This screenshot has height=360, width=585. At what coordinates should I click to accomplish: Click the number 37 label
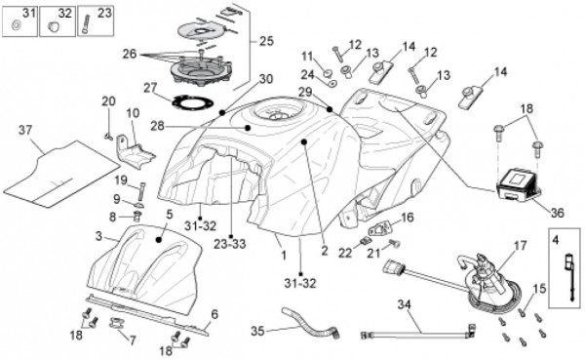click(25, 131)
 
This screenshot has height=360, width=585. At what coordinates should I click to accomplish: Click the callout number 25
click(266, 41)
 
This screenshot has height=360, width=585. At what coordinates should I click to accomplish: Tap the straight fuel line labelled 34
click(418, 333)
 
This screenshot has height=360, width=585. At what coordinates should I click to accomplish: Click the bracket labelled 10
click(136, 151)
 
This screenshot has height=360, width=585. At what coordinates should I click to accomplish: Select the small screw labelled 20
click(109, 137)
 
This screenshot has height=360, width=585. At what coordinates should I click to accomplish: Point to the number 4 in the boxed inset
click(555, 241)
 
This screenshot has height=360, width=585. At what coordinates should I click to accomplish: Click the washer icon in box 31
click(16, 25)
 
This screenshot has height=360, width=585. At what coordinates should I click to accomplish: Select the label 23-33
click(230, 244)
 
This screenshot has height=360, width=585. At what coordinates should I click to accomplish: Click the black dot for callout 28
click(248, 128)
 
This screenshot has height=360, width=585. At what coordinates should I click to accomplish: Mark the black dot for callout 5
click(159, 239)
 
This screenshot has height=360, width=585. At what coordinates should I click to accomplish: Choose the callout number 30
click(266, 79)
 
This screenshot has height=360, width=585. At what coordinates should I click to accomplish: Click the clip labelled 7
click(117, 322)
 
